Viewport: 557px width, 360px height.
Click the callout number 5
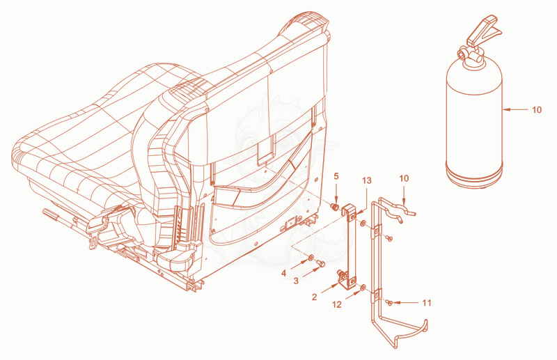(x=336, y=176)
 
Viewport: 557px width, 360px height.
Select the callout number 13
(x=367, y=180)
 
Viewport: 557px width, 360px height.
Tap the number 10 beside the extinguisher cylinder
(x=537, y=110)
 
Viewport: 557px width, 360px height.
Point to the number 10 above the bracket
(x=404, y=178)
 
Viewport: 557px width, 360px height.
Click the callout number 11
(x=427, y=303)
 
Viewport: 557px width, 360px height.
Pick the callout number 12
(x=337, y=304)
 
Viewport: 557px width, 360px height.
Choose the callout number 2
(x=314, y=297)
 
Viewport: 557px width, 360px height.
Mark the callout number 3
(x=296, y=281)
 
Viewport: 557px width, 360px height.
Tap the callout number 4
(x=283, y=273)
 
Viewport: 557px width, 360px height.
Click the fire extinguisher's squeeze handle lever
(x=483, y=30)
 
